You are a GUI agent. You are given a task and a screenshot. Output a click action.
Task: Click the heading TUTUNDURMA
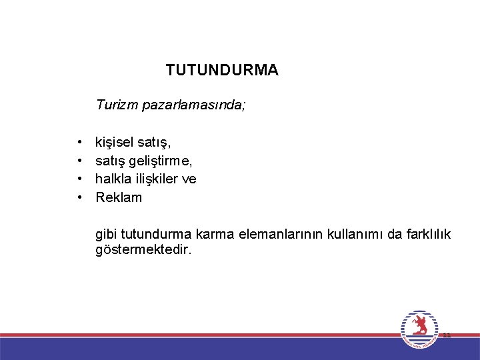point(222,70)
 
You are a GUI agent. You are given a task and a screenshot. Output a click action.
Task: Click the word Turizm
point(115,105)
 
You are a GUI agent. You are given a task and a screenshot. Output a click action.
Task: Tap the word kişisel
point(115,141)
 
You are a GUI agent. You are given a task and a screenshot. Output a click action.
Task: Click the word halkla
point(113,179)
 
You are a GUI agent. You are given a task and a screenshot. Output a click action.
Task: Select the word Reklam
point(119,197)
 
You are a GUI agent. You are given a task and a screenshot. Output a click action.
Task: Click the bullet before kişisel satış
point(79,142)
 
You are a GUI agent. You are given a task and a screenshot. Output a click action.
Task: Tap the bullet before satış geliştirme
point(79,161)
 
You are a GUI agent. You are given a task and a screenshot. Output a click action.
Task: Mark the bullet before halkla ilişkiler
point(79,179)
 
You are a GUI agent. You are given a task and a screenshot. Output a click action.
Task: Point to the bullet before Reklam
point(79,198)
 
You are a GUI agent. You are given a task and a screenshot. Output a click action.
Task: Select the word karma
point(211,235)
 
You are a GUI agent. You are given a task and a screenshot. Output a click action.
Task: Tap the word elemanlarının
point(273,235)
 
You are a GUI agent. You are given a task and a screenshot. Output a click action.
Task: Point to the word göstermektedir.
point(143,250)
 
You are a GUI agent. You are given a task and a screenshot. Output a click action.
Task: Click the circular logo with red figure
point(419,329)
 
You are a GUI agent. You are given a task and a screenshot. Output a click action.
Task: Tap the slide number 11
point(447,335)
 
